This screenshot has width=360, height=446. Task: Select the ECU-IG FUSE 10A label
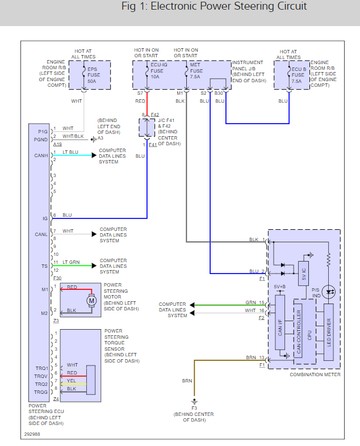tap(157, 71)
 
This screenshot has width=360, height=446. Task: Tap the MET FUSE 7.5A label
tap(196, 71)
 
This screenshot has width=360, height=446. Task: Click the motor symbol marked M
tap(91, 299)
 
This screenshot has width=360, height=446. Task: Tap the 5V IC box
tap(304, 274)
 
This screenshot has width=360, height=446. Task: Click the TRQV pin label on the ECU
tap(41, 376)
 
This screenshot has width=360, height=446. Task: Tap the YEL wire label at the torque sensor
tap(72, 381)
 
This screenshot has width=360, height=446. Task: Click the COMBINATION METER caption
tap(315, 375)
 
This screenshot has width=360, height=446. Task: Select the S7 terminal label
tap(140, 92)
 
